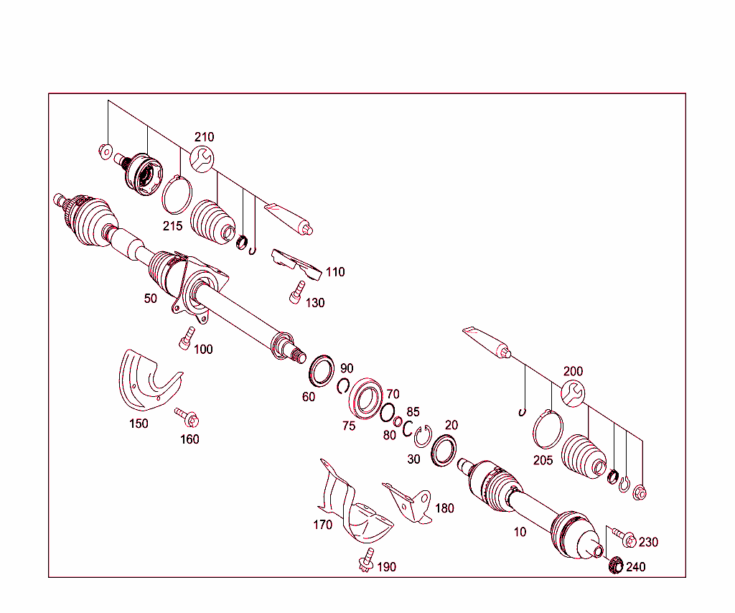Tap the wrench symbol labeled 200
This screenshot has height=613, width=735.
573,393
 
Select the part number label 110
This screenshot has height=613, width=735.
334,272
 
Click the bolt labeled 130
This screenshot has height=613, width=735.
294,294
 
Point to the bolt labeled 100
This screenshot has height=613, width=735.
186,337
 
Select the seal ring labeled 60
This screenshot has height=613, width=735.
322,369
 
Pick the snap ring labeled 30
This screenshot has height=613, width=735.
421,436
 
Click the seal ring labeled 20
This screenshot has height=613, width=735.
444,449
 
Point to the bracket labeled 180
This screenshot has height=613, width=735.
410,502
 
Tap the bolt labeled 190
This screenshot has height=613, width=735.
367,560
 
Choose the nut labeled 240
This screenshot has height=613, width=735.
615,566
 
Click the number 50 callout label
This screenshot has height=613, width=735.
150,299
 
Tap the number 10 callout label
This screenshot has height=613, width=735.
520,532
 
